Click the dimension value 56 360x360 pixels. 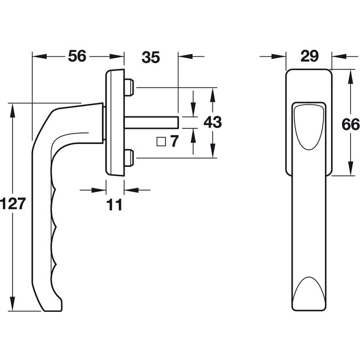tap(77, 56)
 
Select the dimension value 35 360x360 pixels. tap(151, 57)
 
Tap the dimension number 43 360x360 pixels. tap(212, 122)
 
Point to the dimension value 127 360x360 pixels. tap(12, 203)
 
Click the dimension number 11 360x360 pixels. tap(114, 205)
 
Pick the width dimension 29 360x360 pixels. tap(310, 56)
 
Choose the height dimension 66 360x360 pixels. tap(351, 124)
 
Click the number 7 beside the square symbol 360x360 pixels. tap(174, 141)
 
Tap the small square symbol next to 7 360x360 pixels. tap(161, 142)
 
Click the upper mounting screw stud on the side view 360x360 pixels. tap(129, 87)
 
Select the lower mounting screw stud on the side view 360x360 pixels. tap(129, 158)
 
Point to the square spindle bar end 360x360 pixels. tap(178, 122)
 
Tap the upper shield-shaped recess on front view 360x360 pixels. tap(309, 127)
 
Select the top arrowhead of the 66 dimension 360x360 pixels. tap(351, 77)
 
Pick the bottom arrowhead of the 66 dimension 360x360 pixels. tap(351, 168)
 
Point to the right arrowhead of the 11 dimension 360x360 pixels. tap(131, 190)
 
